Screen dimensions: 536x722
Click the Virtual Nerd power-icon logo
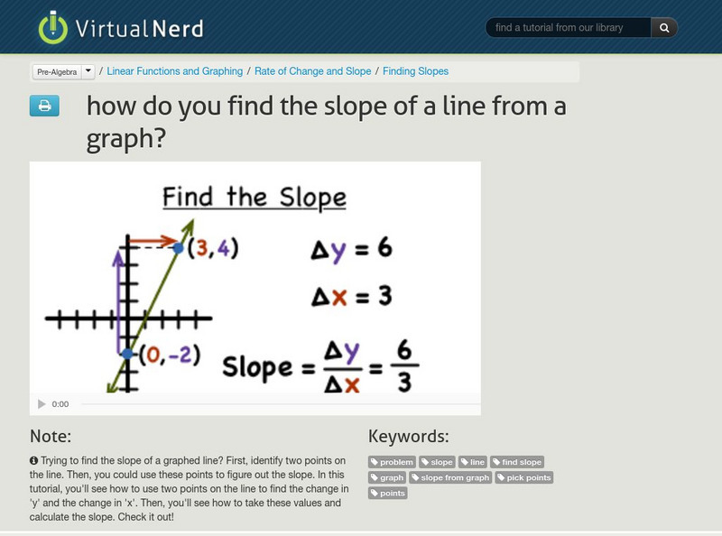(x=53, y=28)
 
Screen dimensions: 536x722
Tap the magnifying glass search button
(x=664, y=28)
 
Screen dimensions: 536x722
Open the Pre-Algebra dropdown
(x=63, y=71)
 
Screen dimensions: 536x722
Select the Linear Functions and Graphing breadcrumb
(x=175, y=71)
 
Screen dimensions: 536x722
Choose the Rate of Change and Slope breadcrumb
(x=313, y=71)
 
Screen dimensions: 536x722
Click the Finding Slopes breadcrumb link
(x=415, y=71)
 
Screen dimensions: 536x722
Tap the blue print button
(x=43, y=106)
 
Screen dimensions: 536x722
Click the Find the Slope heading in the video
(x=255, y=197)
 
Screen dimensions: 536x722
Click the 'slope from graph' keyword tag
(x=450, y=477)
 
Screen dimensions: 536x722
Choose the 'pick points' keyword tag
(x=524, y=477)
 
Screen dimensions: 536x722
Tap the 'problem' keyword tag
(x=393, y=462)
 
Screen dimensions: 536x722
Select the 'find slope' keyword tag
(x=517, y=462)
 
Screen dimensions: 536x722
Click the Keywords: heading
(x=408, y=436)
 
